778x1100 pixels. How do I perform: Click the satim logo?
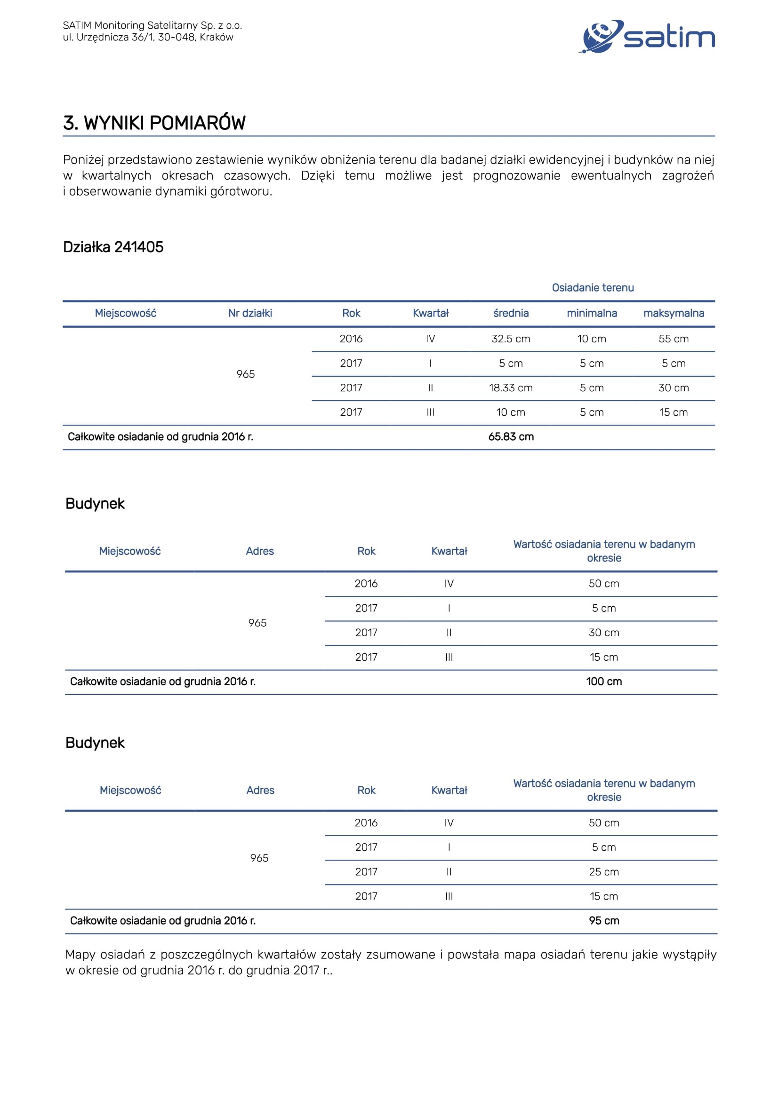pos(648,36)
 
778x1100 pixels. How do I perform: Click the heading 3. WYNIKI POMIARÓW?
pos(154,123)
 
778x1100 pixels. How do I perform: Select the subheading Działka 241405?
pos(113,247)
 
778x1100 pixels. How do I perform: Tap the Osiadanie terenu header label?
pos(593,287)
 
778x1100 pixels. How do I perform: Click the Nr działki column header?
pos(250,313)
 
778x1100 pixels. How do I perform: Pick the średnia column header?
pos(511,313)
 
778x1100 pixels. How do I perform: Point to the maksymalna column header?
pos(674,313)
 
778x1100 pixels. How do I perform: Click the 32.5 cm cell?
pos(511,339)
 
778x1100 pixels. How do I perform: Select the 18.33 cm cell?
pos(511,388)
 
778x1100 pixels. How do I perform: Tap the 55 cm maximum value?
pos(674,339)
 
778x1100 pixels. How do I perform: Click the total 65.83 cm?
pos(511,437)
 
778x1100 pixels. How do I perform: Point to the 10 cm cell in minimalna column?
pos(592,339)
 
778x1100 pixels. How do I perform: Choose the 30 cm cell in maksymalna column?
pos(674,388)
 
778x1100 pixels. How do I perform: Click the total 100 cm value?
pos(603,682)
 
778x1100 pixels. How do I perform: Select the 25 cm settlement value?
pos(603,872)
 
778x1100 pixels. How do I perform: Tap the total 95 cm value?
pos(603,921)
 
